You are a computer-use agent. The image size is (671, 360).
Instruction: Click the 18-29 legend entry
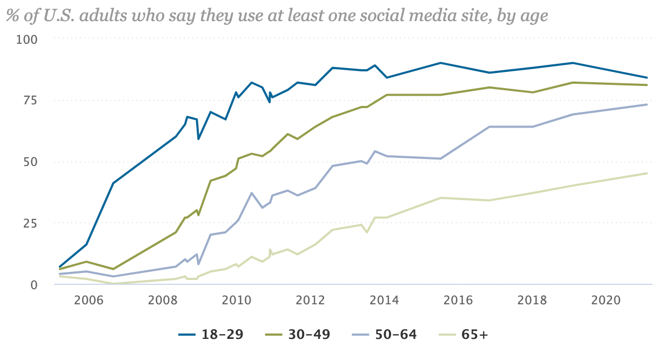(x=211, y=335)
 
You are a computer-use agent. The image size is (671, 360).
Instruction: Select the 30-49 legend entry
(x=298, y=335)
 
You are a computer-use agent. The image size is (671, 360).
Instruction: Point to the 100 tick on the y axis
(x=26, y=39)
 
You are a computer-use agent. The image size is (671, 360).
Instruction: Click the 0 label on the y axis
(x=33, y=284)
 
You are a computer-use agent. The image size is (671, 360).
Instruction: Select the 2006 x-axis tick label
(x=89, y=301)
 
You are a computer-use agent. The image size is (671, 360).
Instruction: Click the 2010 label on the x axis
(x=236, y=301)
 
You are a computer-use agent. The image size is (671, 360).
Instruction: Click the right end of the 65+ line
(x=647, y=173)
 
